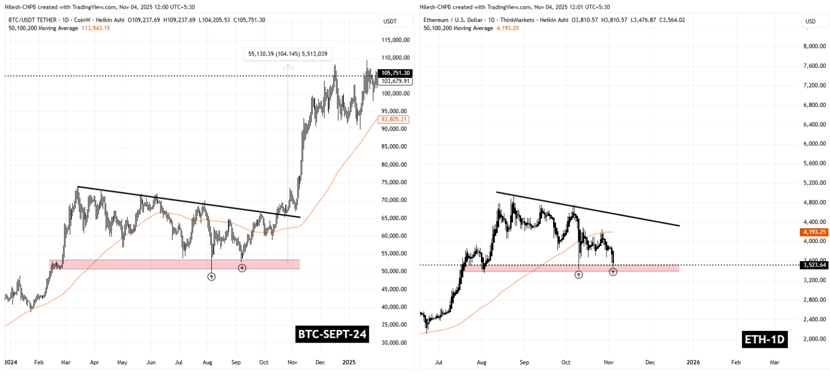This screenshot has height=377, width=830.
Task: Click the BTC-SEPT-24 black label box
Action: pos(332,334)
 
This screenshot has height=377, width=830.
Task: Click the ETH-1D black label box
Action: pos(764,339)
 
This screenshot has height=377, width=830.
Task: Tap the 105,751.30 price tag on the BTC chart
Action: pos(396,73)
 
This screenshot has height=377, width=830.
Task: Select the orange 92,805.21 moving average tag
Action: pos(394,119)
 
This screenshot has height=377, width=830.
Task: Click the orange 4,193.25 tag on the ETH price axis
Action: pos(814,232)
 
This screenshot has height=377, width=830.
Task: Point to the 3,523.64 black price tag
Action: pos(814,265)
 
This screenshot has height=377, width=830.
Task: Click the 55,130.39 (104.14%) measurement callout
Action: pos(288,54)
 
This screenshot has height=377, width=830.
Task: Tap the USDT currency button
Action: pos(390,21)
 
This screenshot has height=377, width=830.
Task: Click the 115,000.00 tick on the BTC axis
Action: pos(395,40)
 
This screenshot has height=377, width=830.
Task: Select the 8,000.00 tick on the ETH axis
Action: pos(814,46)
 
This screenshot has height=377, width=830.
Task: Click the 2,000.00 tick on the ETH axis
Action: pos(814,339)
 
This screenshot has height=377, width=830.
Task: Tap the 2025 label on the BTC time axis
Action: pos(349,362)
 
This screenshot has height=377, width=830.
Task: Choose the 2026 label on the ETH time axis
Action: pos(693,362)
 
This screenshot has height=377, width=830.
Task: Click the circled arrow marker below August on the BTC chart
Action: pos(211,277)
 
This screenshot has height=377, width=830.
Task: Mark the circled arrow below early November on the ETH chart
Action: pos(613,272)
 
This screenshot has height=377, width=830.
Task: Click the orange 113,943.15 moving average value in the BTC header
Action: pos(96,28)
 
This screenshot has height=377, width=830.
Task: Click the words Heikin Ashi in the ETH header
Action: pos(554,20)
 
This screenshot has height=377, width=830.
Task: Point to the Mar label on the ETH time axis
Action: pos(774,362)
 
